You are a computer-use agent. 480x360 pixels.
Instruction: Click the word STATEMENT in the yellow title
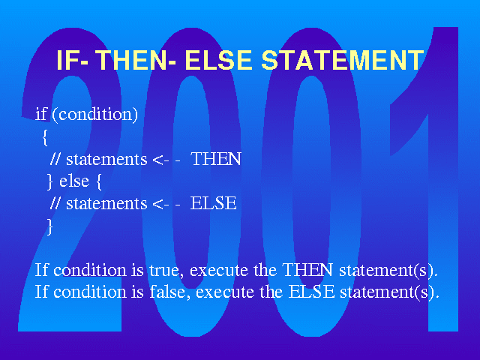tap(343, 60)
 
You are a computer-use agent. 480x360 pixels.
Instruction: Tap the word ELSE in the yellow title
tap(218, 60)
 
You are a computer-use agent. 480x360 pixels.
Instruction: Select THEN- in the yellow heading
tap(137, 60)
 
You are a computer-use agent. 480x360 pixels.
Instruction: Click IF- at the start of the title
tap(73, 60)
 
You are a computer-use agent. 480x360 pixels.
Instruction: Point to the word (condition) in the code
tap(95, 115)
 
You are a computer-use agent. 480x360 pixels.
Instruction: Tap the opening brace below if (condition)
tap(45, 137)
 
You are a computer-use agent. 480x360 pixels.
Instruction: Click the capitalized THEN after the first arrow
tap(216, 159)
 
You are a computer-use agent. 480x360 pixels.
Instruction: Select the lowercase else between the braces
tap(74, 181)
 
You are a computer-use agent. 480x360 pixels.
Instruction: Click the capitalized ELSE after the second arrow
tap(213, 203)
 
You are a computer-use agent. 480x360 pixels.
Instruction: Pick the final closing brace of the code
tap(49, 226)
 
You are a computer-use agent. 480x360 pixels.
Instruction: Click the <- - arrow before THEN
tap(166, 160)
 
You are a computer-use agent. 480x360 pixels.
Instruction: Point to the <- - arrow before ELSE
tap(166, 204)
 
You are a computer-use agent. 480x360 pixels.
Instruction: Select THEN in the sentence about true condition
tap(307, 270)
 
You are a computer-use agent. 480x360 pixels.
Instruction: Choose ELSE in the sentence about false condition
tap(312, 292)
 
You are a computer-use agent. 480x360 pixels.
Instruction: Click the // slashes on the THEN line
tap(55, 159)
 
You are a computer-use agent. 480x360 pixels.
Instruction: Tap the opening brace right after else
tap(99, 181)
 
